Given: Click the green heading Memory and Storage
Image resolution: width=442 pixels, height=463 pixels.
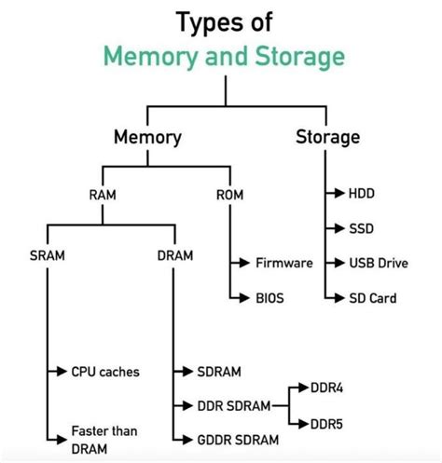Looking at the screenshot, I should click(224, 57).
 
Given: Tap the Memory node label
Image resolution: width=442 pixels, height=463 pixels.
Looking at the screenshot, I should click(147, 138).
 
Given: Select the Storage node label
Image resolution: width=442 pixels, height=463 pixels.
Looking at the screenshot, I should click(327, 138).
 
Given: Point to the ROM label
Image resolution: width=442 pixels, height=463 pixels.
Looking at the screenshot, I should click(229, 195).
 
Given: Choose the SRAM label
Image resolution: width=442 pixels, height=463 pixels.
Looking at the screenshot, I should click(48, 254).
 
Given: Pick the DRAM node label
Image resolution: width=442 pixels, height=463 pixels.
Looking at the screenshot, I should click(175, 254).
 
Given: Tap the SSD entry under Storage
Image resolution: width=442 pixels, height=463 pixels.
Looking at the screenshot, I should click(361, 227).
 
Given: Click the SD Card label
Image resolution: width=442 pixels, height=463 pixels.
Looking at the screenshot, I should click(372, 298).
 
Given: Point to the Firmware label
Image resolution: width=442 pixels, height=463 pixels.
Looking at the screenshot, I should click(284, 264).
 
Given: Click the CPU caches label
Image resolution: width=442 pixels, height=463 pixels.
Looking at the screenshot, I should click(105, 372).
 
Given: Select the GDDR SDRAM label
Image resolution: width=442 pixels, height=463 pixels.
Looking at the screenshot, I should click(242, 438).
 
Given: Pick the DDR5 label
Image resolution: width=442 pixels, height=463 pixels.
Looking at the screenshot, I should click(325, 424).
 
